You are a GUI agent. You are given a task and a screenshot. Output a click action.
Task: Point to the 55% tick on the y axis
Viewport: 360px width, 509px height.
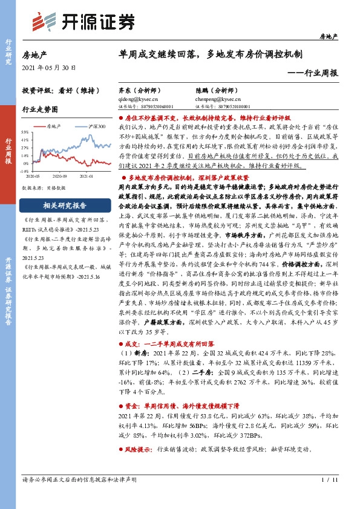(x=25, y=131)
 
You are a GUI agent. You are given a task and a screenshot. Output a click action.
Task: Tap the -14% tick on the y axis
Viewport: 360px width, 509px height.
(x=25, y=171)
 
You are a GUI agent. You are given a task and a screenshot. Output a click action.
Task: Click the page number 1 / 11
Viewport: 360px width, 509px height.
(x=324, y=479)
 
